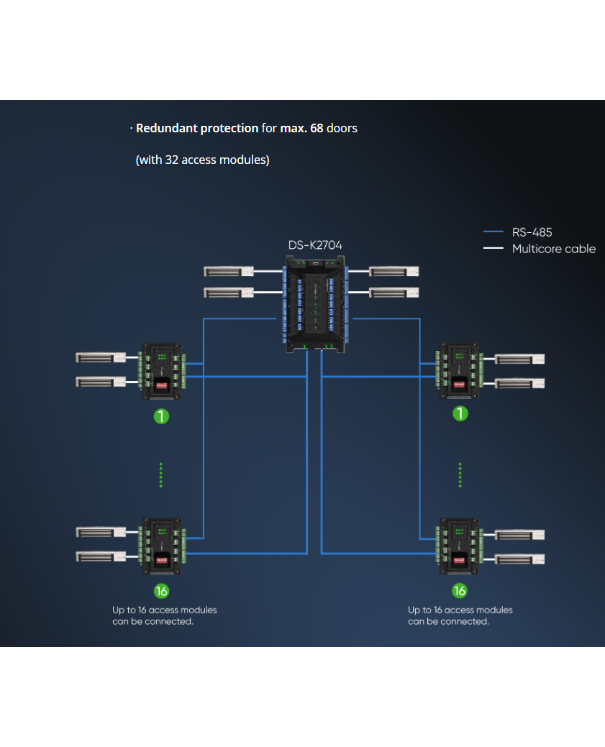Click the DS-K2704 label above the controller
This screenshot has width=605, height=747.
[315, 245]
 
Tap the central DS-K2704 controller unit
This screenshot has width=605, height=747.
[316, 305]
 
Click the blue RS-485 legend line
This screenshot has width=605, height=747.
[493, 232]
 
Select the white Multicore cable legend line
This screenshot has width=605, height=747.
[493, 249]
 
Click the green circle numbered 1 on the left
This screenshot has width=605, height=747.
[162, 416]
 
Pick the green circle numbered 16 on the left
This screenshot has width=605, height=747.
[162, 591]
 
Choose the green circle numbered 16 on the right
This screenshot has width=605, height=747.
[459, 591]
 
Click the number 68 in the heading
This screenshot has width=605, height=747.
[317, 128]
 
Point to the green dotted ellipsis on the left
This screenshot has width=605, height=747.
[161, 475]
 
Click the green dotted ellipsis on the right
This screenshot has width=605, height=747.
[460, 475]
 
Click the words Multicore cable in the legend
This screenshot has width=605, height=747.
[553, 249]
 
